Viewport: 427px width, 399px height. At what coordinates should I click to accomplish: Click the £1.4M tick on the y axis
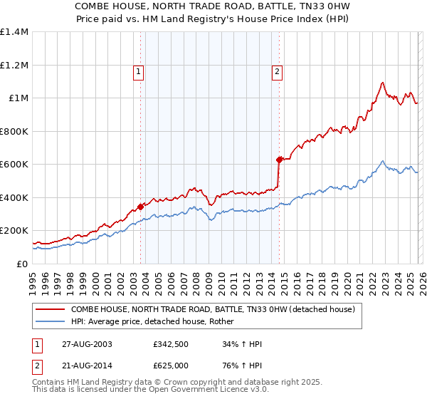pyautogui.click(x=14, y=32)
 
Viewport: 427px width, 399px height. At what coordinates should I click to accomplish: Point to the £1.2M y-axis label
pyautogui.click(x=14, y=65)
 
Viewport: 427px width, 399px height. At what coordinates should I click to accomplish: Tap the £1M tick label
pyautogui.click(x=17, y=98)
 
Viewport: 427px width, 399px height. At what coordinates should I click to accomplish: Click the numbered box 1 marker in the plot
pyautogui.click(x=138, y=71)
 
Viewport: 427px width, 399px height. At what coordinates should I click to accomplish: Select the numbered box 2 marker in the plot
pyautogui.click(x=276, y=71)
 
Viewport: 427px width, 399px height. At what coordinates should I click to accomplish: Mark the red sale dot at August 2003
pyautogui.click(x=141, y=206)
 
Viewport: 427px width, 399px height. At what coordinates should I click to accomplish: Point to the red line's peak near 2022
pyautogui.click(x=383, y=82)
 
